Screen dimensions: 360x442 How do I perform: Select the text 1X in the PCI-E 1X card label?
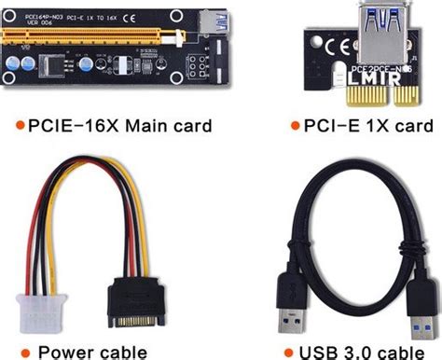click(367, 125)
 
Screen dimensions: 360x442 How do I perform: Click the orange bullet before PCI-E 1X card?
click(290, 125)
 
